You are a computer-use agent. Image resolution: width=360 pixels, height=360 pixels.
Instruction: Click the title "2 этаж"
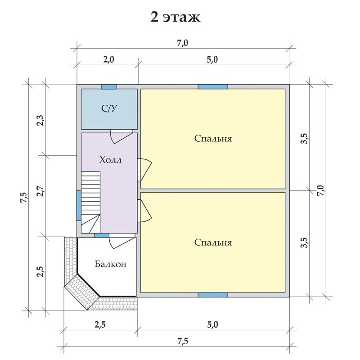(175, 17)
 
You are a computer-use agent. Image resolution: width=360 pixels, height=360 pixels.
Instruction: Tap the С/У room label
(109, 108)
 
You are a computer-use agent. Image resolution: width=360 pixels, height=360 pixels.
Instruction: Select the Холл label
(110, 160)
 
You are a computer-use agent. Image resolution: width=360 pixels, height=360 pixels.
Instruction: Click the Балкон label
(110, 264)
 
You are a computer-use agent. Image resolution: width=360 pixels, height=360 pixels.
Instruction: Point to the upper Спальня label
(213, 139)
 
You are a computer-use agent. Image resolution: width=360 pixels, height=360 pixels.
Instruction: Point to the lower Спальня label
(213, 243)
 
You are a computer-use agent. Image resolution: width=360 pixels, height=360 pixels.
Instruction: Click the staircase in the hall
(91, 202)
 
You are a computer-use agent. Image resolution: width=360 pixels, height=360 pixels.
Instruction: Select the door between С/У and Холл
(121, 137)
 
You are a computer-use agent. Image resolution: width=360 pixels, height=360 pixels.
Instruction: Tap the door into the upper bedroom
(144, 170)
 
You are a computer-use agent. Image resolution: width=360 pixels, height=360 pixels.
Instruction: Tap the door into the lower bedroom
(144, 211)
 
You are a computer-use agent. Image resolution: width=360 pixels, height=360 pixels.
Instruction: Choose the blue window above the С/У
(109, 87)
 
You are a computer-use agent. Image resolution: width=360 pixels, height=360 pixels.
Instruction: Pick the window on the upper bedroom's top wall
(213, 87)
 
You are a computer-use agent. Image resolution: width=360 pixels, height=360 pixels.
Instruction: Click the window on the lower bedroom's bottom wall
(213, 295)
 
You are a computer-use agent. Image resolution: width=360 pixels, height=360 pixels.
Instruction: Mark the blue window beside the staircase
(79, 206)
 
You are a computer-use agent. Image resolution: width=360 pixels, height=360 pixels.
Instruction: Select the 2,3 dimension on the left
(40, 120)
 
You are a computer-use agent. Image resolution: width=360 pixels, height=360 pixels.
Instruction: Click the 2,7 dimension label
(40, 191)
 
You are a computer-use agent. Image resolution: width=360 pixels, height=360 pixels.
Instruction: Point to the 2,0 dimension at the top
(108, 60)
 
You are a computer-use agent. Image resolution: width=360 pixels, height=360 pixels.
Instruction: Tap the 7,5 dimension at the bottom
(183, 341)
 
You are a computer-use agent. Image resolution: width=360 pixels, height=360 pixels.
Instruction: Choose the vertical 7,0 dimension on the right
(320, 190)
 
